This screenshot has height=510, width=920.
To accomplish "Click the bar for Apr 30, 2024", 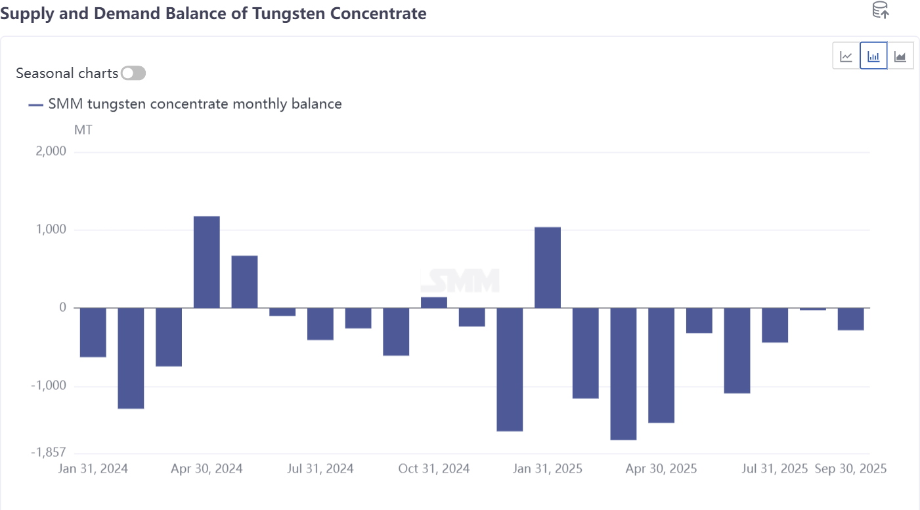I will tap(206, 262).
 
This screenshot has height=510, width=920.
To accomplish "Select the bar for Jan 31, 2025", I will tap(548, 267).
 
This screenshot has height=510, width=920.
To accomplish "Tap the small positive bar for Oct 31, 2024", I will tap(434, 303).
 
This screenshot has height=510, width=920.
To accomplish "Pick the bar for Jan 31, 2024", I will tap(93, 332).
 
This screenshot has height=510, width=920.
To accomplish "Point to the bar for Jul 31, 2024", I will tap(320, 324).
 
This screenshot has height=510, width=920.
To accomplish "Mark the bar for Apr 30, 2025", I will tap(661, 365).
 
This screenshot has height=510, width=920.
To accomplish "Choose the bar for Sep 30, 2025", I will tap(850, 319).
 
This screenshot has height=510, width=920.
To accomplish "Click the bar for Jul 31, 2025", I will tap(775, 325).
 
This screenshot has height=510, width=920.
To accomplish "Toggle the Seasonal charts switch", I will tap(133, 74).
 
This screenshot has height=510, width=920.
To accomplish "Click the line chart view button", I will tap(846, 56).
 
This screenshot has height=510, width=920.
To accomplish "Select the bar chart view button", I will tap(873, 56).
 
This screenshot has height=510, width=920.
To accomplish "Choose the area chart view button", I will tap(900, 56).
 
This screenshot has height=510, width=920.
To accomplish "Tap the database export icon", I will tap(880, 11).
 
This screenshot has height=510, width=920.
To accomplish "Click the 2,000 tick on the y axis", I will tap(51, 152).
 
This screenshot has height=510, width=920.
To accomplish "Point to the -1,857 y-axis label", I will tap(48, 452).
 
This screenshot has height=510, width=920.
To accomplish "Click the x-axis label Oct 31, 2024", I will tap(434, 469).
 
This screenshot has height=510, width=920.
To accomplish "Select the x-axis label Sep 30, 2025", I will tap(850, 469).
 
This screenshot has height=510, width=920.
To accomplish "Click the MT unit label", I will tap(83, 130).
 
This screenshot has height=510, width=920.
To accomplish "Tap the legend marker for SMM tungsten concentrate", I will tap(36, 104).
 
